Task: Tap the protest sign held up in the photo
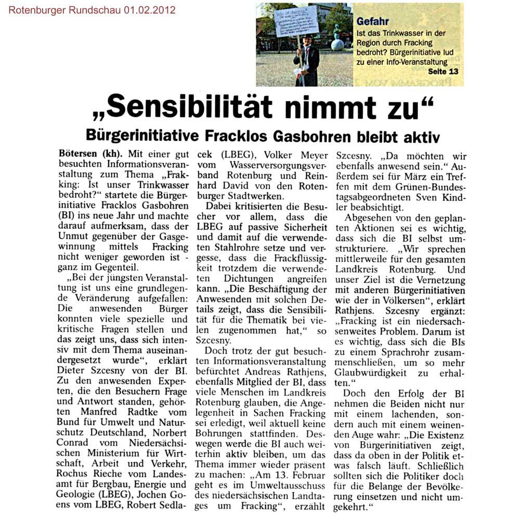(x=296, y=21)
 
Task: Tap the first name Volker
(x=283, y=155)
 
